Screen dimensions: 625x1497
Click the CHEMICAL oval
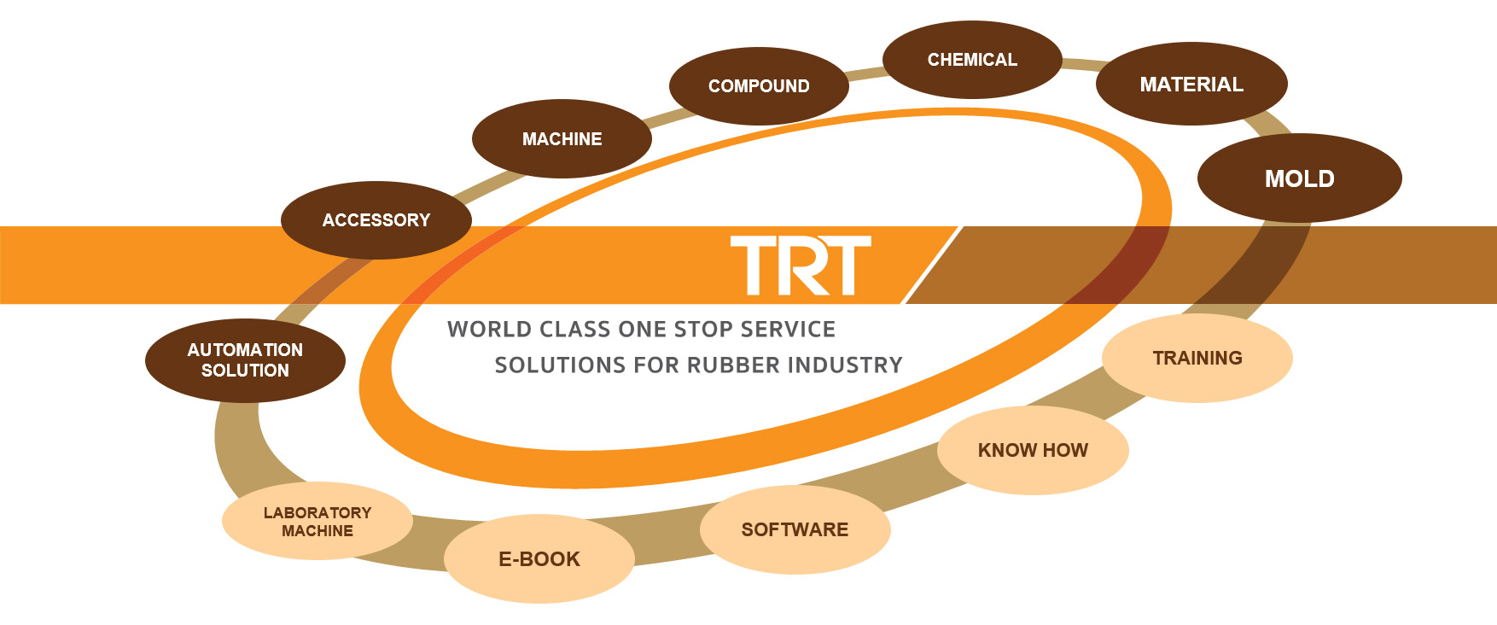pyautogui.click(x=972, y=60)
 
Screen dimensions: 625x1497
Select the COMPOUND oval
pyautogui.click(x=759, y=86)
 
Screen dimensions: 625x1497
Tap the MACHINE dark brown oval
pyautogui.click(x=562, y=139)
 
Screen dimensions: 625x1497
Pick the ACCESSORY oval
pyautogui.click(x=376, y=220)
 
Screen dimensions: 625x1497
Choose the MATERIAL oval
pyautogui.click(x=1191, y=85)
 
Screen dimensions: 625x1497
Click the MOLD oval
pyautogui.click(x=1299, y=178)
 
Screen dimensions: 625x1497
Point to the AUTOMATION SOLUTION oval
pyautogui.click(x=245, y=360)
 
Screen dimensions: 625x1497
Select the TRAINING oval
pyautogui.click(x=1197, y=358)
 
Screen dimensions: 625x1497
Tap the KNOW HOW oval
pyautogui.click(x=1033, y=450)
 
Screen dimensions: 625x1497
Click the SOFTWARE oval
pyautogui.click(x=795, y=529)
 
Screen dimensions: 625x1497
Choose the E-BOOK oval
pyautogui.click(x=539, y=559)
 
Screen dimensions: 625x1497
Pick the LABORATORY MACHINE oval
pyautogui.click(x=317, y=522)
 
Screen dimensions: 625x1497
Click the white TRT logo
pyautogui.click(x=801, y=266)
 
